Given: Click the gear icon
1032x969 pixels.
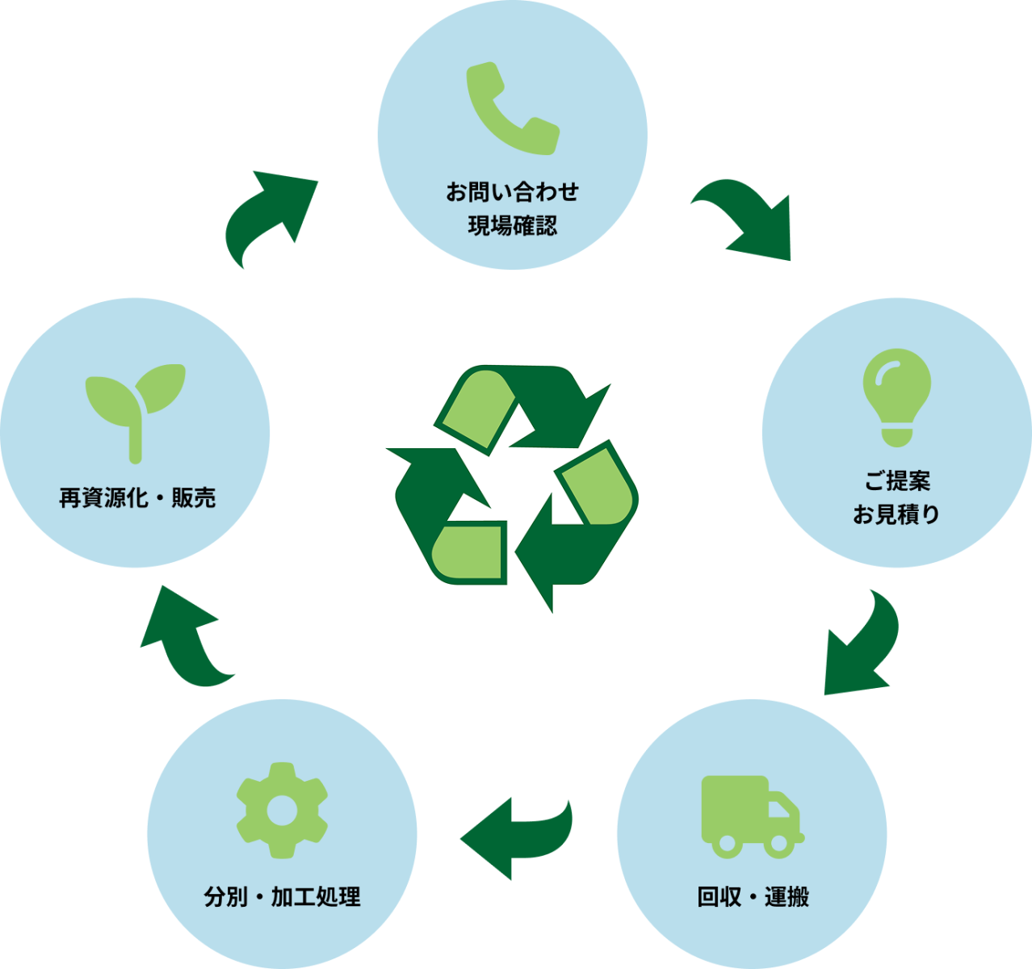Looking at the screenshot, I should click(x=282, y=810).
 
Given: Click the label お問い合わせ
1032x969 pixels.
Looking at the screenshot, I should click(x=513, y=192).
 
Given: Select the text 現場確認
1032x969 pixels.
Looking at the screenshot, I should click(x=513, y=225).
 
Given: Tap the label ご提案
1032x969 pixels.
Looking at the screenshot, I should click(x=897, y=481).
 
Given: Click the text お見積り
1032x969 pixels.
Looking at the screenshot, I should click(x=897, y=514).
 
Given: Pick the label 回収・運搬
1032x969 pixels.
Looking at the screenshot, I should click(x=753, y=897).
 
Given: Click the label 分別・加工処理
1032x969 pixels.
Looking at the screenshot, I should click(x=282, y=897).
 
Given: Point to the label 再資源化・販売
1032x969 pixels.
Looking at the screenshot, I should click(x=137, y=498).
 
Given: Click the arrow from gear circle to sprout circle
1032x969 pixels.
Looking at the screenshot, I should click(x=186, y=638).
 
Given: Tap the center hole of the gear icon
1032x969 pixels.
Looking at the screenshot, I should click(x=282, y=811).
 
